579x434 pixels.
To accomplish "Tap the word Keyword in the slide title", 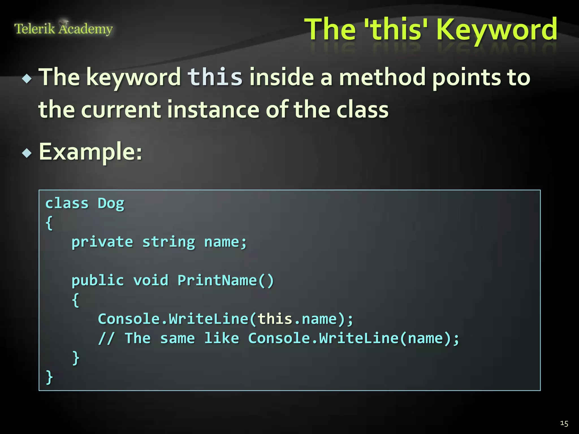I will [496, 29].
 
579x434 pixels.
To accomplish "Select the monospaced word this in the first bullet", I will [215, 77].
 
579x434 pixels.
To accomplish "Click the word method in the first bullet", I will [382, 77].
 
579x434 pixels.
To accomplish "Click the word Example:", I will [90, 152].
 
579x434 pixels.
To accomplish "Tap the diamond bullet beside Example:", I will [27, 153].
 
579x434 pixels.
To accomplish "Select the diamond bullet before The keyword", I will [27, 78].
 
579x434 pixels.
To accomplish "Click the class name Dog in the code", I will [111, 204].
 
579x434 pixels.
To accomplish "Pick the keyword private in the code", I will [102, 242].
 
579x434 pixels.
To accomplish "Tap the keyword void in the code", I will [151, 281].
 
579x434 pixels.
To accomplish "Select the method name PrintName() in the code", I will [226, 281].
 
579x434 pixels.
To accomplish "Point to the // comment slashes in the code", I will [106, 338].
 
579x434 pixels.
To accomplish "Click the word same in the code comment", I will [177, 338].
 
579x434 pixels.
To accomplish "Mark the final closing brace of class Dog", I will [49, 377].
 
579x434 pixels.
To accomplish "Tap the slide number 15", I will [564, 423].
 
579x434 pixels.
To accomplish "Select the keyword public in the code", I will [98, 281].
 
